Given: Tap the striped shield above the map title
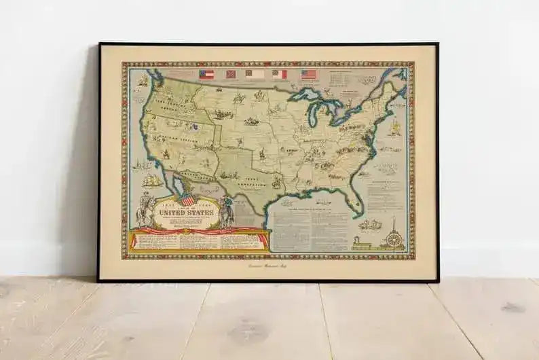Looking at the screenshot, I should (187, 199).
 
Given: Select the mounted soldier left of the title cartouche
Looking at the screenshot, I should (144, 211).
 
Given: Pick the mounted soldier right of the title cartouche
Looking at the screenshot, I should (227, 213).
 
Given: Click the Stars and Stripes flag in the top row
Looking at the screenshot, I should (309, 74).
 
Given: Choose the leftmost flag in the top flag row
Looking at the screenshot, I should (206, 74).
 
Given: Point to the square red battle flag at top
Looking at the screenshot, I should (231, 74).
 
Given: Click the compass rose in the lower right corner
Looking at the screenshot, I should (393, 238).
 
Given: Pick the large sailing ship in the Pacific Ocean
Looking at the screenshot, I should (153, 181).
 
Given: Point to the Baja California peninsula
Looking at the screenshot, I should (183, 187).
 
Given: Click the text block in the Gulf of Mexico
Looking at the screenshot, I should (309, 228).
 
